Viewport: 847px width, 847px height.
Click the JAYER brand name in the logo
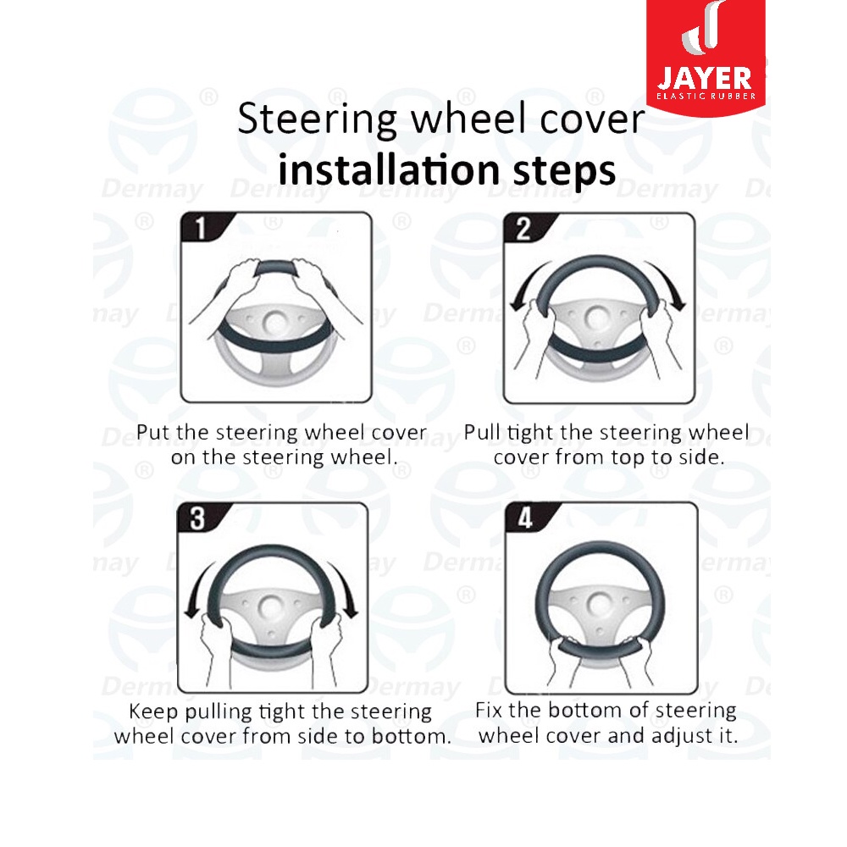coord(705,79)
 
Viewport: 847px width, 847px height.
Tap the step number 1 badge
coord(202,227)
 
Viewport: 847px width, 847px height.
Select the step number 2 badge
coord(525,228)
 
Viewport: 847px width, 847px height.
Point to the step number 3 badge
coord(199,518)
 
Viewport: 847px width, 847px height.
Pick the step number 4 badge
coord(527,518)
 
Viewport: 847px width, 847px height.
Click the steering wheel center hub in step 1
coord(276,323)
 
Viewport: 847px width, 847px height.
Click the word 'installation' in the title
coord(390,169)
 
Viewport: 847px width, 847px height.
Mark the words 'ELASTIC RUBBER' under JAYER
coord(706,97)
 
